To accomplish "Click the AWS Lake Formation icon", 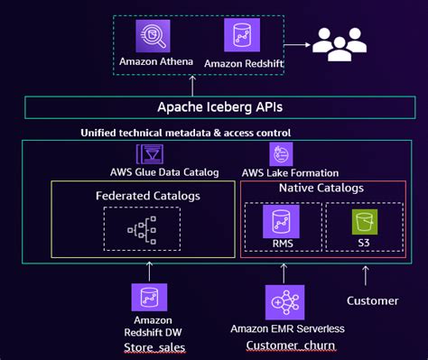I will (282, 153).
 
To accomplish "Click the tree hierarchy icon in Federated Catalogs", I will (141, 230).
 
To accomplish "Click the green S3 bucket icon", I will (364, 221).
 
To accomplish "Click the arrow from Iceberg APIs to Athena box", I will (191, 87).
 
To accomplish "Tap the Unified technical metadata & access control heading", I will (186, 134).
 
